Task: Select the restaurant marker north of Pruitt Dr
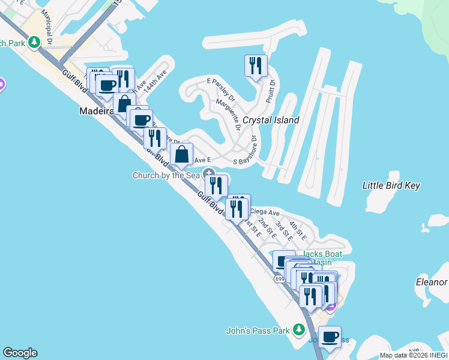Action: pos(256,66)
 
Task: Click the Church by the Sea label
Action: pos(166,175)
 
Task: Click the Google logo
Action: pos(20,353)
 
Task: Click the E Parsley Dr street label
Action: pos(221,89)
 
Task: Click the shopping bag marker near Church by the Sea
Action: pos(181,155)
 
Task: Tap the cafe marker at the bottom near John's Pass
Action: pos(329,337)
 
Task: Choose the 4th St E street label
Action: pos(298,231)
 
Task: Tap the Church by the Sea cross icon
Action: pos(208,173)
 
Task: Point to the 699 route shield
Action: pos(280,279)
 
